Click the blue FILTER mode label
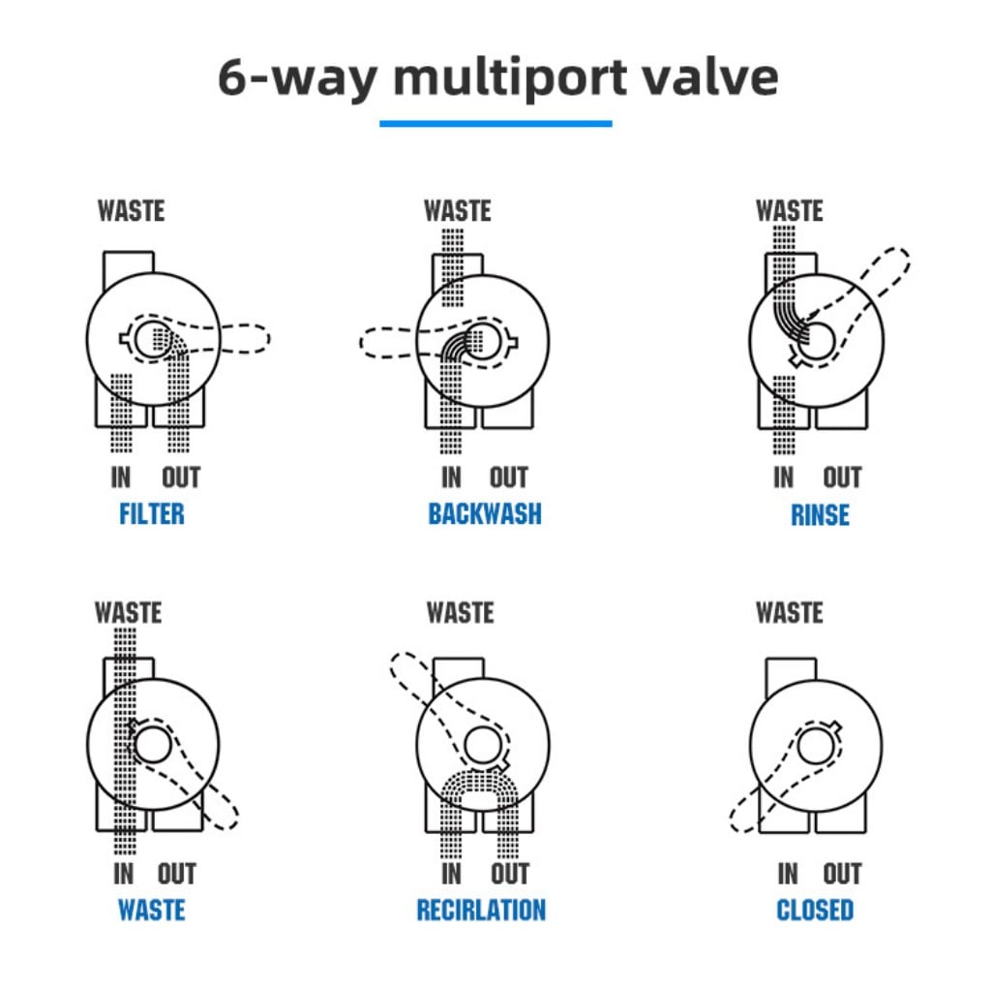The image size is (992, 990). coord(152,513)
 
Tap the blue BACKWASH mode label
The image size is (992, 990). coord(485,513)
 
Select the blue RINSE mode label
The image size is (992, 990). coord(820,515)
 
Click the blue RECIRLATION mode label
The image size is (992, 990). coord(481,911)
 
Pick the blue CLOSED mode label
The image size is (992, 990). coord(815,911)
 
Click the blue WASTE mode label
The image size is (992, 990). coord(152,911)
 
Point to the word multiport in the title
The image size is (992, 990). coord(510,78)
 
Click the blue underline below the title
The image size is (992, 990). coord(496,124)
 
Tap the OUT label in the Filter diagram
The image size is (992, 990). coord(181,478)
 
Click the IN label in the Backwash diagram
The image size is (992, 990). coord(451,478)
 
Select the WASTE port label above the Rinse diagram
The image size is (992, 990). coord(790,211)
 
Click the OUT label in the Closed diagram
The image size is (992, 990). coord(842,874)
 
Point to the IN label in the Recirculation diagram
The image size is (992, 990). coord(451,874)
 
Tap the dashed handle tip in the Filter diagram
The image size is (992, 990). coord(268,338)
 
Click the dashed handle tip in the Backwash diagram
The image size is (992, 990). coord(362,343)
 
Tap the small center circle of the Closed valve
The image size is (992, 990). coord(816,746)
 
